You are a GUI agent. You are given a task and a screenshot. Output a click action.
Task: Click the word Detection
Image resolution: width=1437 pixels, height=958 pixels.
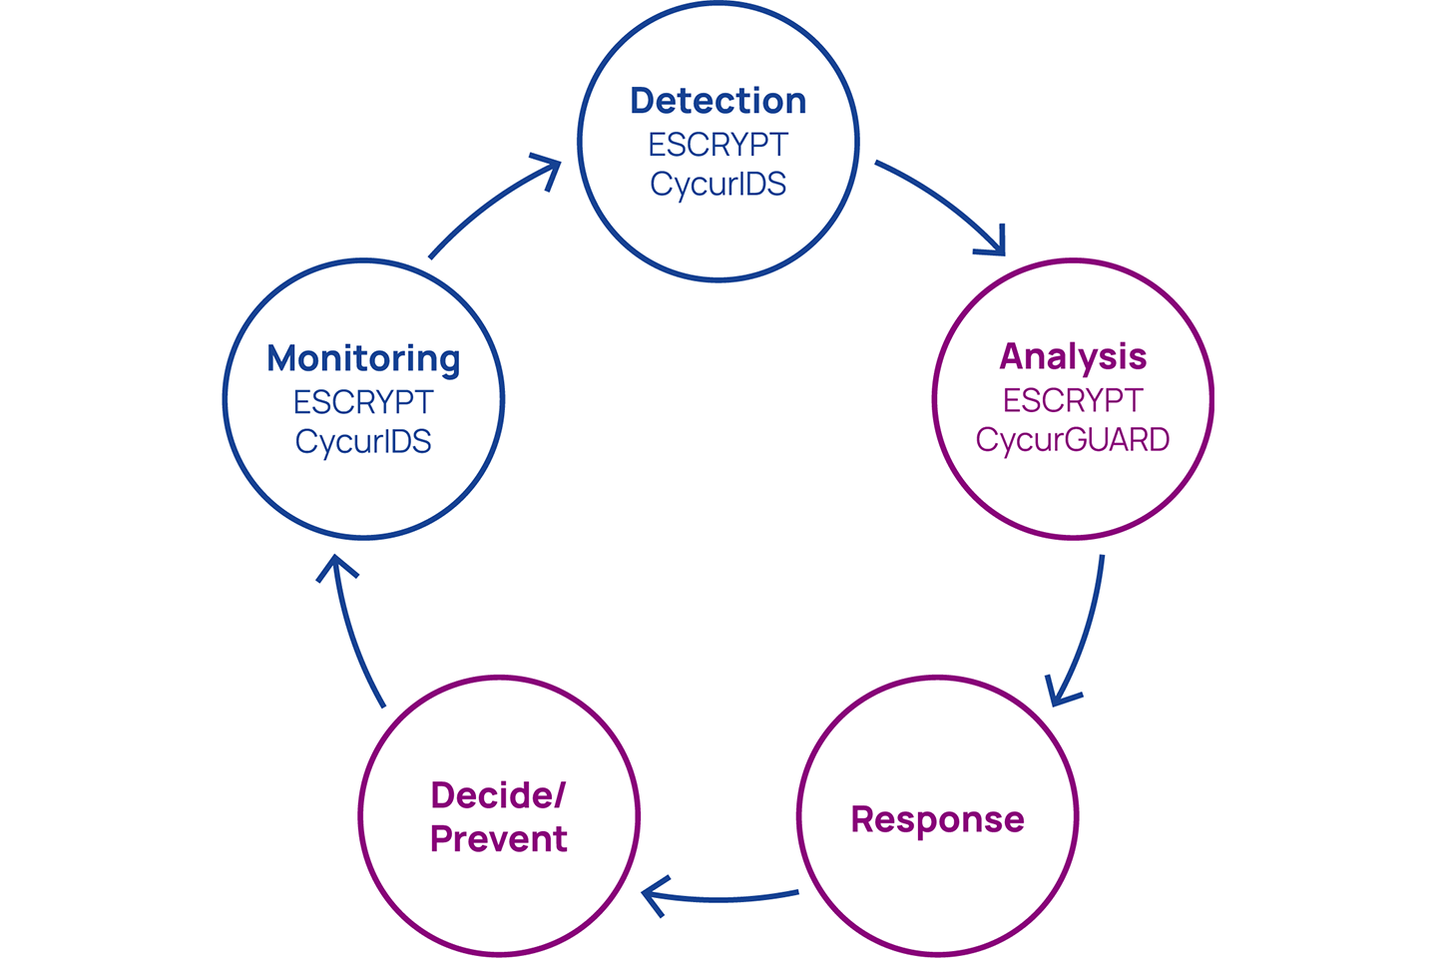point(718,101)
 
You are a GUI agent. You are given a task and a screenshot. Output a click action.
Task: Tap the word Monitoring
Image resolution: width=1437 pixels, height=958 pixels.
point(363,358)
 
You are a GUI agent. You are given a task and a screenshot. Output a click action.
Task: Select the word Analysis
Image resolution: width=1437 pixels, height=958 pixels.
point(1073,357)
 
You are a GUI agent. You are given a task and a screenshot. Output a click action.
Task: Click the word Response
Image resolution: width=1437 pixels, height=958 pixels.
point(937,820)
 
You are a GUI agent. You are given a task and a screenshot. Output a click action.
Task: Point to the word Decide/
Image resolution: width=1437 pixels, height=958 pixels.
point(498,795)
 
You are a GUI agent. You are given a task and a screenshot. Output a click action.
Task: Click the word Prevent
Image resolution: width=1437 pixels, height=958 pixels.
point(499,838)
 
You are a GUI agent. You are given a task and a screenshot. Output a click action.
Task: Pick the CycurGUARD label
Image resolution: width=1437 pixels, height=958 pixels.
point(1073,441)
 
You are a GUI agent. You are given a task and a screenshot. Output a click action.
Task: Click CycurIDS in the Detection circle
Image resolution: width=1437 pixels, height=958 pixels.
point(718,185)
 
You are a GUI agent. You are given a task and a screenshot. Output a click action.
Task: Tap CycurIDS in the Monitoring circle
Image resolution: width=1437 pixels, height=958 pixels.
point(363,443)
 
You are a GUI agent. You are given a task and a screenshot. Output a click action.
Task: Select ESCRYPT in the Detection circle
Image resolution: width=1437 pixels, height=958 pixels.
point(718,145)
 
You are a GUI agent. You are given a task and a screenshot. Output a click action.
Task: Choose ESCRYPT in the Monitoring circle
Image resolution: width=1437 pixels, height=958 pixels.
point(363,402)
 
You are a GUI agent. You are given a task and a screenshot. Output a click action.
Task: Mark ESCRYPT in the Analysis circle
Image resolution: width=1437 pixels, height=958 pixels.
point(1073,400)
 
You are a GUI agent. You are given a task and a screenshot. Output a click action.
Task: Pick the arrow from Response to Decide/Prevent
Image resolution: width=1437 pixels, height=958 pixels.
point(718,899)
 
